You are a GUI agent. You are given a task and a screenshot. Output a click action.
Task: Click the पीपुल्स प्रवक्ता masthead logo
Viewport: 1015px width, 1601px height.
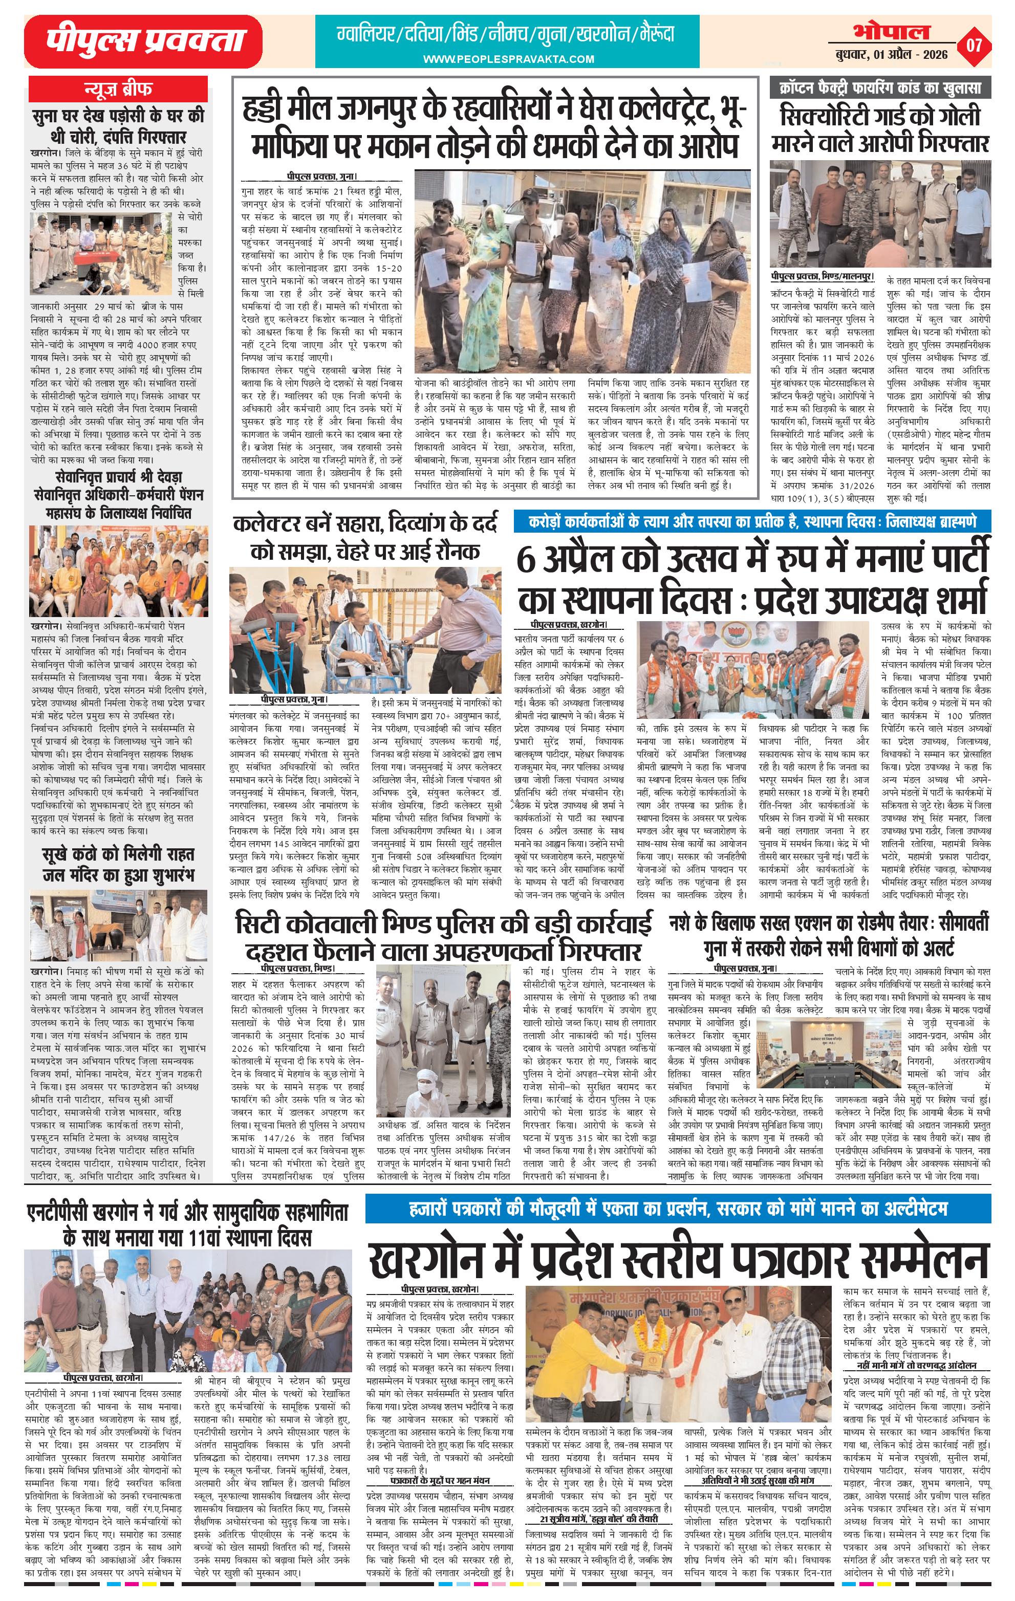click(x=143, y=42)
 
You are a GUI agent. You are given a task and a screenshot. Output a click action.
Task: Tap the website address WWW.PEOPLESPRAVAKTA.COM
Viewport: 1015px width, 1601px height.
click(x=509, y=59)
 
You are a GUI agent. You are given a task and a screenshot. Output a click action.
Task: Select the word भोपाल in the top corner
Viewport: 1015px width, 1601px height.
click(x=892, y=31)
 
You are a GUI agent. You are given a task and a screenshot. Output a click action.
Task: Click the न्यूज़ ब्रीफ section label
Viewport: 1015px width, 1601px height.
click(x=117, y=88)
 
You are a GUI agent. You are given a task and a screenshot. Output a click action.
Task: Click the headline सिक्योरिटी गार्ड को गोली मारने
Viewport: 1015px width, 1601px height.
click(x=880, y=129)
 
